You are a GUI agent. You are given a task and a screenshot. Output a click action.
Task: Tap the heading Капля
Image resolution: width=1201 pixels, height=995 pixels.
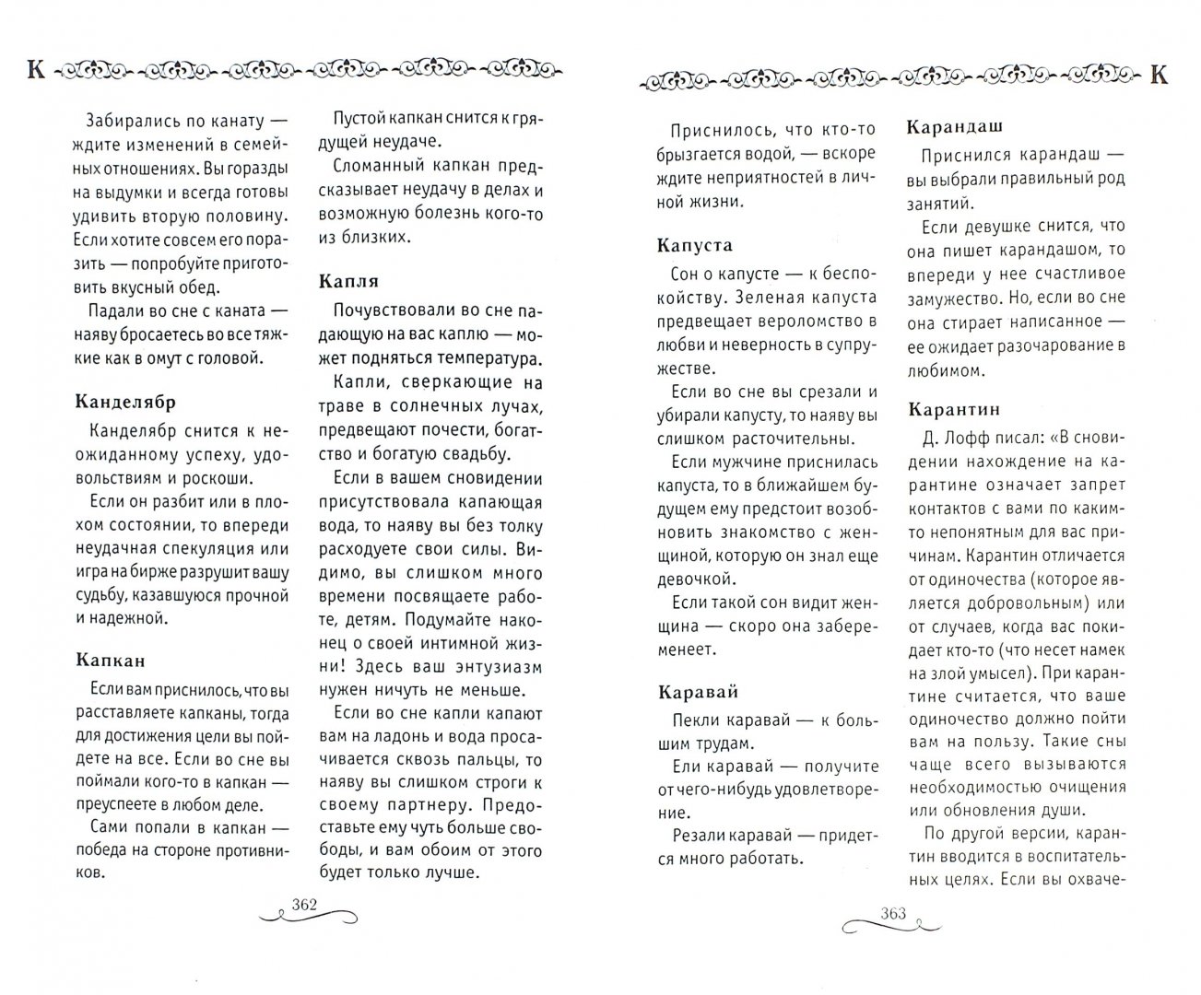[347, 280]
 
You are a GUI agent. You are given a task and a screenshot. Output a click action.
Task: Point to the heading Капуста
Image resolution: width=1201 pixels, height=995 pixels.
[694, 245]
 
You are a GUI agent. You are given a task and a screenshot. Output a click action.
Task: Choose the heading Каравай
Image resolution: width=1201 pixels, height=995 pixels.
[698, 692]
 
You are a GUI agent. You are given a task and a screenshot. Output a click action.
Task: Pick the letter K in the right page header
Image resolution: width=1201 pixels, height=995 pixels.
[1160, 75]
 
